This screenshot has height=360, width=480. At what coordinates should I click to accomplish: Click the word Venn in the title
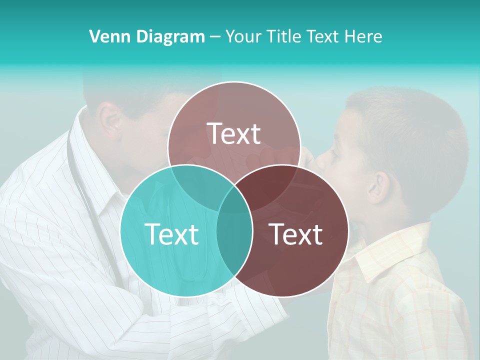[x=106, y=36]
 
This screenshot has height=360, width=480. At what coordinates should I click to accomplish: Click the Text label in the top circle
[x=234, y=133]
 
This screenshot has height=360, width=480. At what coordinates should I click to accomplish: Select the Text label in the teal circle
[x=171, y=233]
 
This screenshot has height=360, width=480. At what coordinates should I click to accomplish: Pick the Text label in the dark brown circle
[x=295, y=233]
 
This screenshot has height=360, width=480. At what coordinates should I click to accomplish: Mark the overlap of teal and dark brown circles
[x=234, y=235]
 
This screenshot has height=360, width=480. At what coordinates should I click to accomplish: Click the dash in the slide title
[x=215, y=36]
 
